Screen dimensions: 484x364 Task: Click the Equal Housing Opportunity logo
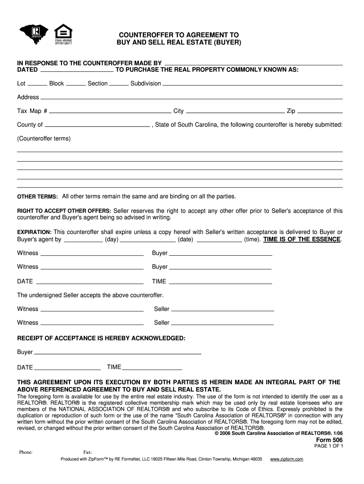point(63,34)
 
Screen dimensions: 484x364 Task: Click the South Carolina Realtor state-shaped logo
point(34,35)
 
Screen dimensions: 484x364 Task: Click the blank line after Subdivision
point(252,84)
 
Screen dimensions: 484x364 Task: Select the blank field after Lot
point(37,84)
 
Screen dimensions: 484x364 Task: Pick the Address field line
point(191,98)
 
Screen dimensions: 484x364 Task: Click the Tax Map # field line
point(110,112)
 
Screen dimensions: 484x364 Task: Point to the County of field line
point(97,126)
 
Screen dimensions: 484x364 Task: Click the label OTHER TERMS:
point(37,197)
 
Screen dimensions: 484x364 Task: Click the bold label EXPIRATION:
point(34,232)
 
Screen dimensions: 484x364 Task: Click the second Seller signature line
point(222,324)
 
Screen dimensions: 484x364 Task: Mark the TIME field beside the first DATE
point(220,282)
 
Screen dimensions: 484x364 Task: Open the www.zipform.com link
point(286,459)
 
